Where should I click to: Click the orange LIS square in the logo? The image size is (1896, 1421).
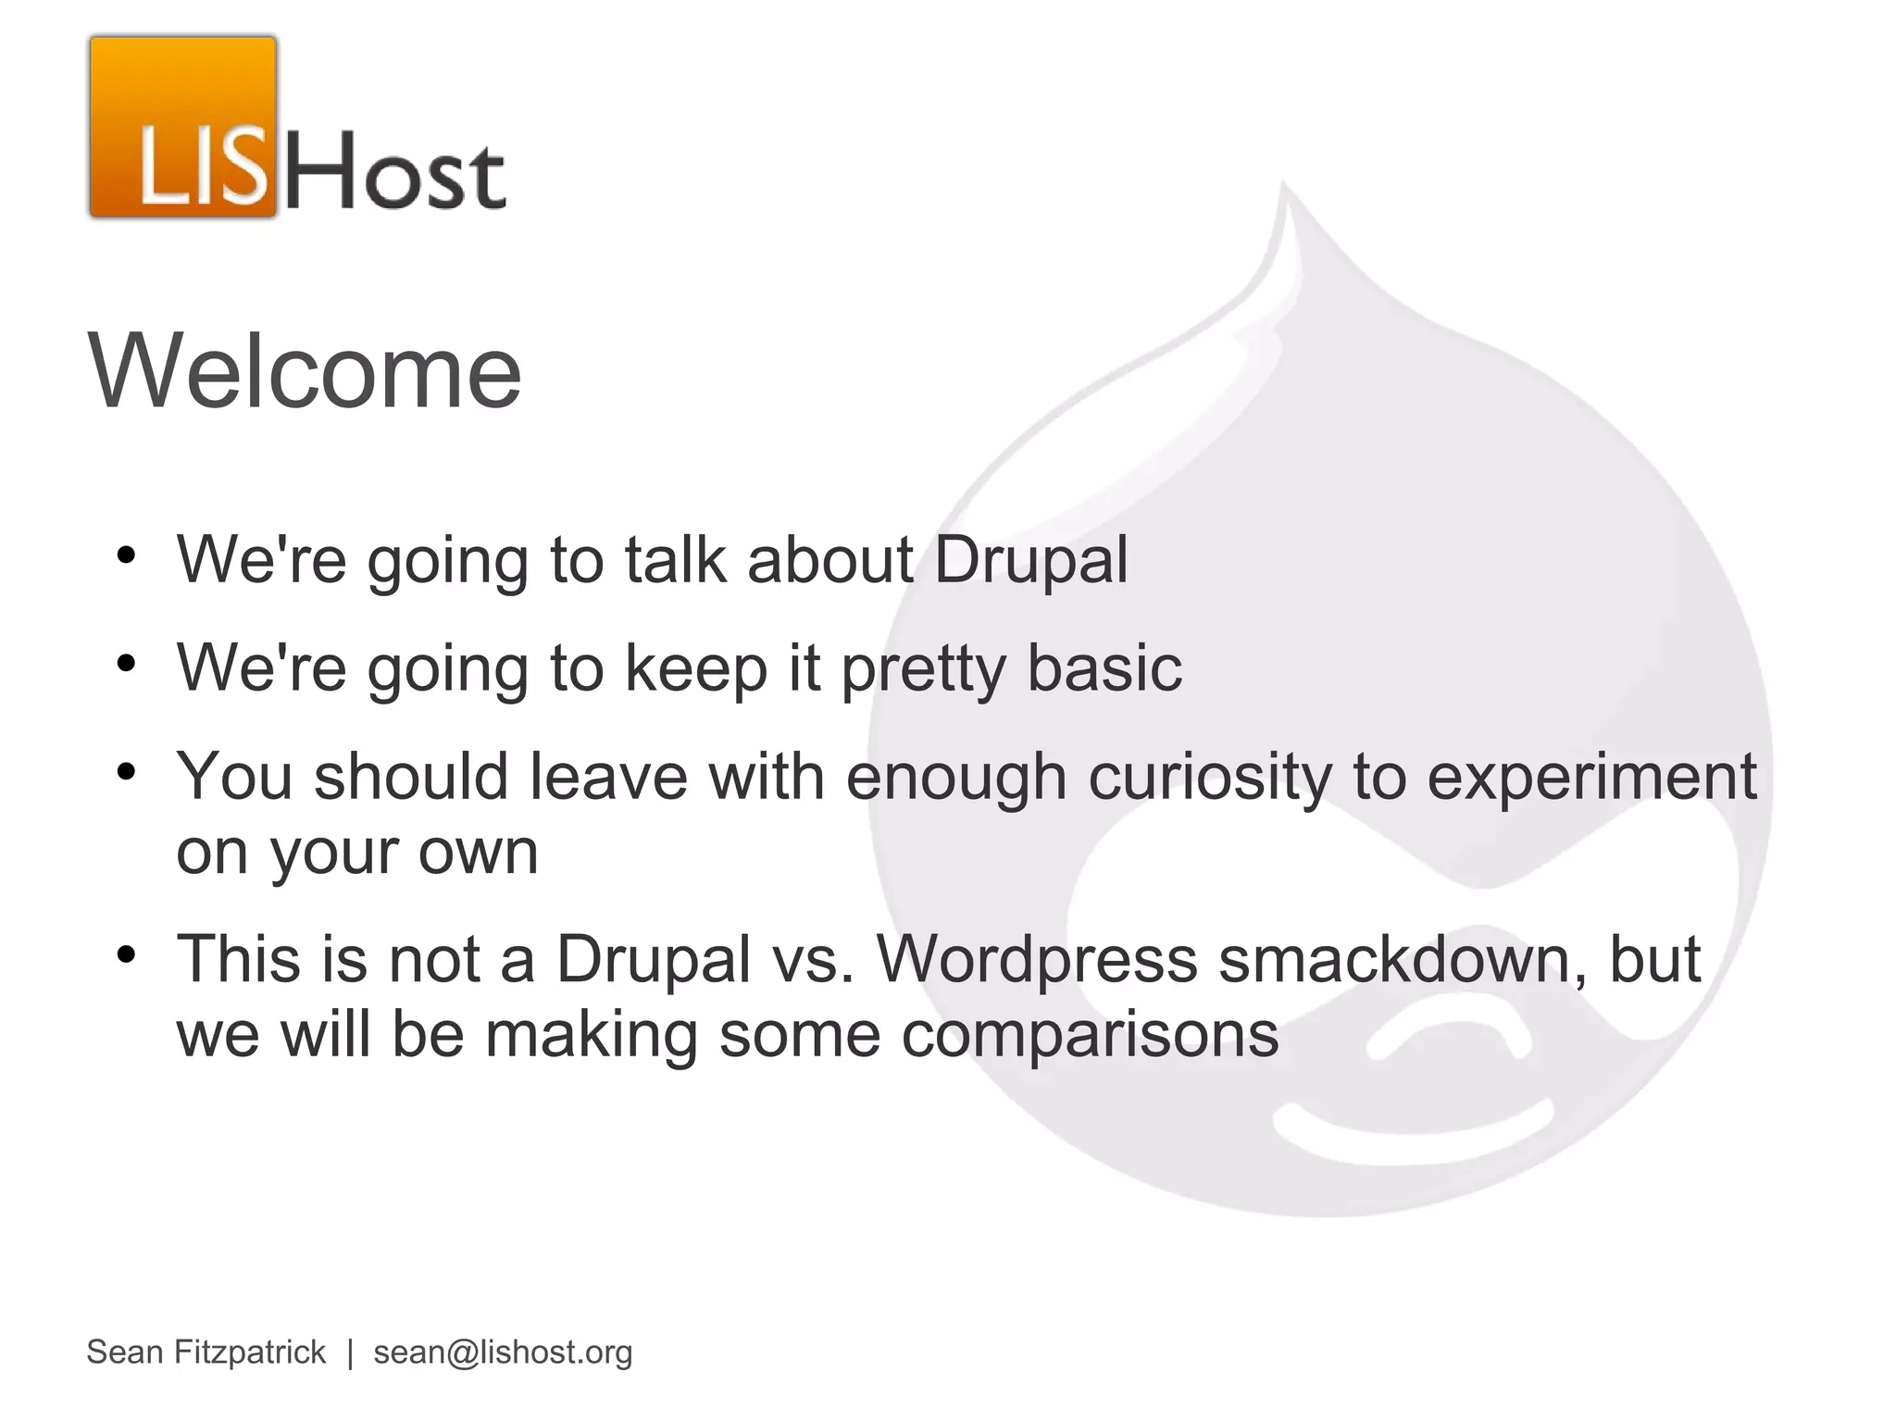pos(183,128)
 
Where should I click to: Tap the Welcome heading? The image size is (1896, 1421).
pos(305,371)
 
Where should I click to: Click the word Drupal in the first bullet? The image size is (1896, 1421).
pos(1030,559)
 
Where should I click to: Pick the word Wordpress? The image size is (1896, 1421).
pos(1037,959)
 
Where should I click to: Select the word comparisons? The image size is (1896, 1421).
pos(1090,1034)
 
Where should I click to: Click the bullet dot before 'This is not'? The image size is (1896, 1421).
pos(127,954)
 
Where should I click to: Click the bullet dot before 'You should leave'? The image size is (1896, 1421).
pos(127,771)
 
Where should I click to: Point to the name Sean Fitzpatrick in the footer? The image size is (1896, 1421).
pos(206,1352)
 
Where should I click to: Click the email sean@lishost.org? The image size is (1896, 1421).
pos(503,1352)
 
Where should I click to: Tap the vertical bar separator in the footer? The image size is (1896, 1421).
pos(350,1352)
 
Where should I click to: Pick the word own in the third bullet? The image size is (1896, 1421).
pos(478,852)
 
